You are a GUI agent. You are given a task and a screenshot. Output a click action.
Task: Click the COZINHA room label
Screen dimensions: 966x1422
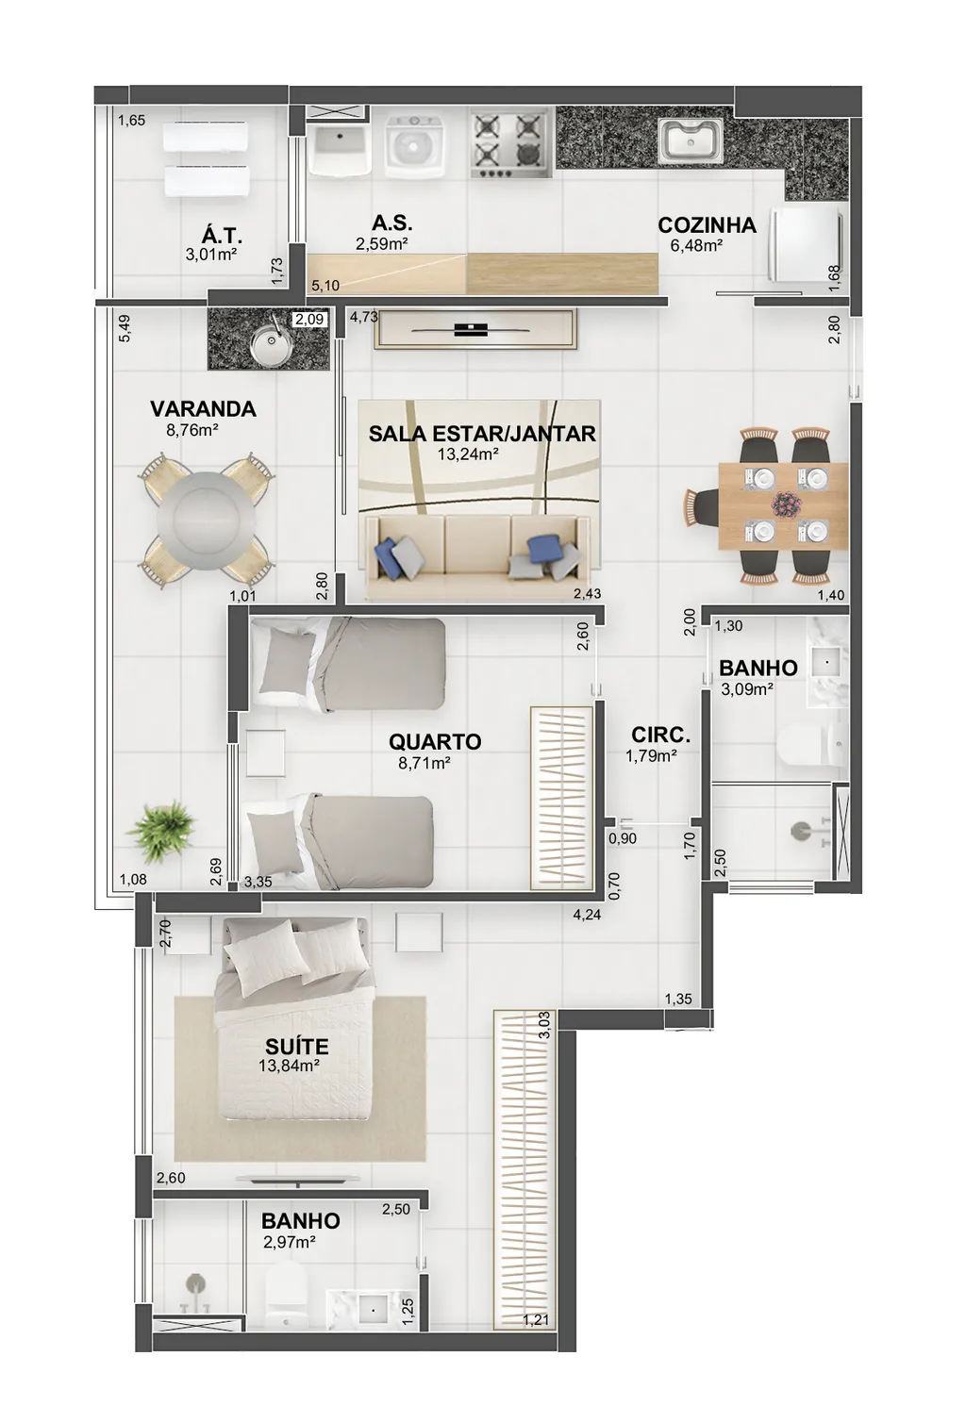707,225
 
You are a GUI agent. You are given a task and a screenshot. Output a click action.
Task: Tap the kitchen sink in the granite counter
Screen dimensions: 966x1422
691,139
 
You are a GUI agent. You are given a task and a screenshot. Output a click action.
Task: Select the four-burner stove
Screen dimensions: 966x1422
508,142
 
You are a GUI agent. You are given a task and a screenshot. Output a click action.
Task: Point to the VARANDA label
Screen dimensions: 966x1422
203,409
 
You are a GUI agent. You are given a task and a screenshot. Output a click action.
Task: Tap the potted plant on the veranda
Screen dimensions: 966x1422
160,831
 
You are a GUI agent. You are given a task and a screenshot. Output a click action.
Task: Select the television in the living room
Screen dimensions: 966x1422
471,329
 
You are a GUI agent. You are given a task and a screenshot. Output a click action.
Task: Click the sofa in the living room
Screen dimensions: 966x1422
476,548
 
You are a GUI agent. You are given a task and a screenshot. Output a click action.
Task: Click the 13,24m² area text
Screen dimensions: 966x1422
468,455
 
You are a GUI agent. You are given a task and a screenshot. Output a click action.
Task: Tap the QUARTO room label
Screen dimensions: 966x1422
435,741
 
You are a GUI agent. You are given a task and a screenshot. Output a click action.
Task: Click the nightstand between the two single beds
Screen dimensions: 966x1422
265,753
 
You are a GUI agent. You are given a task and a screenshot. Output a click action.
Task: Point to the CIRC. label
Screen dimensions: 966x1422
660,736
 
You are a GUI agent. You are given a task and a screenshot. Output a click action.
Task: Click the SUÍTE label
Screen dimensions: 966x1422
289,1046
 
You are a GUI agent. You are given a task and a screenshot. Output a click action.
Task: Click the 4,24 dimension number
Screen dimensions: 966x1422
587,915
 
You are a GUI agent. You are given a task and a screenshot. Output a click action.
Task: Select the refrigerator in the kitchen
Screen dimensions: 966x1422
808,244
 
